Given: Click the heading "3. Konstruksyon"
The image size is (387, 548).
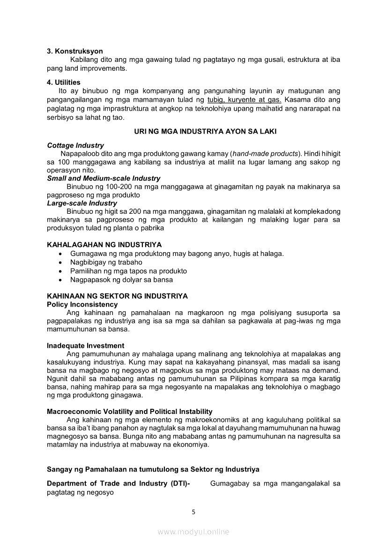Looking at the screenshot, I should [75, 51].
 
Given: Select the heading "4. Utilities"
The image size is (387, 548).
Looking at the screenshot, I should [64, 83].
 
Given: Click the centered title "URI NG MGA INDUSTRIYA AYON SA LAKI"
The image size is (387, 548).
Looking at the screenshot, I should [205, 132].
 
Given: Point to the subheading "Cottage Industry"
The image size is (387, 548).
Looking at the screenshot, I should [75, 145].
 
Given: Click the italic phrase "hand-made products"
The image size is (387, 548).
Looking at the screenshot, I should [265, 154].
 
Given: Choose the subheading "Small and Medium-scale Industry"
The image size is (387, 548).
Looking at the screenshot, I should [104, 179].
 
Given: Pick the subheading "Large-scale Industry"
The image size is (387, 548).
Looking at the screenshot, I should [82, 203].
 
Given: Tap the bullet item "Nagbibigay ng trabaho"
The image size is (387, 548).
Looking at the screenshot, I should [106, 263].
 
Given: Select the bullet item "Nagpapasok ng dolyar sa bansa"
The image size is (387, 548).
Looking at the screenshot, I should [121, 280].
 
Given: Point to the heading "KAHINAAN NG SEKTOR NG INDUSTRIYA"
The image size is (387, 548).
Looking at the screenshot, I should [117, 296].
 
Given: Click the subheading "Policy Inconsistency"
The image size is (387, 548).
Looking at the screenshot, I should [82, 305].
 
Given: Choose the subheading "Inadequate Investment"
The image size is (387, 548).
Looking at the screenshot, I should [85, 345].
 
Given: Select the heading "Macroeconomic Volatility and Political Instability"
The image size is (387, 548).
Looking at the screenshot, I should [130, 412].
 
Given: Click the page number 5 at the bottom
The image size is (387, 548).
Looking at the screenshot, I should [194, 512].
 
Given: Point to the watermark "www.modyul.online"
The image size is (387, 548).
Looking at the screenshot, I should [193, 532].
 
